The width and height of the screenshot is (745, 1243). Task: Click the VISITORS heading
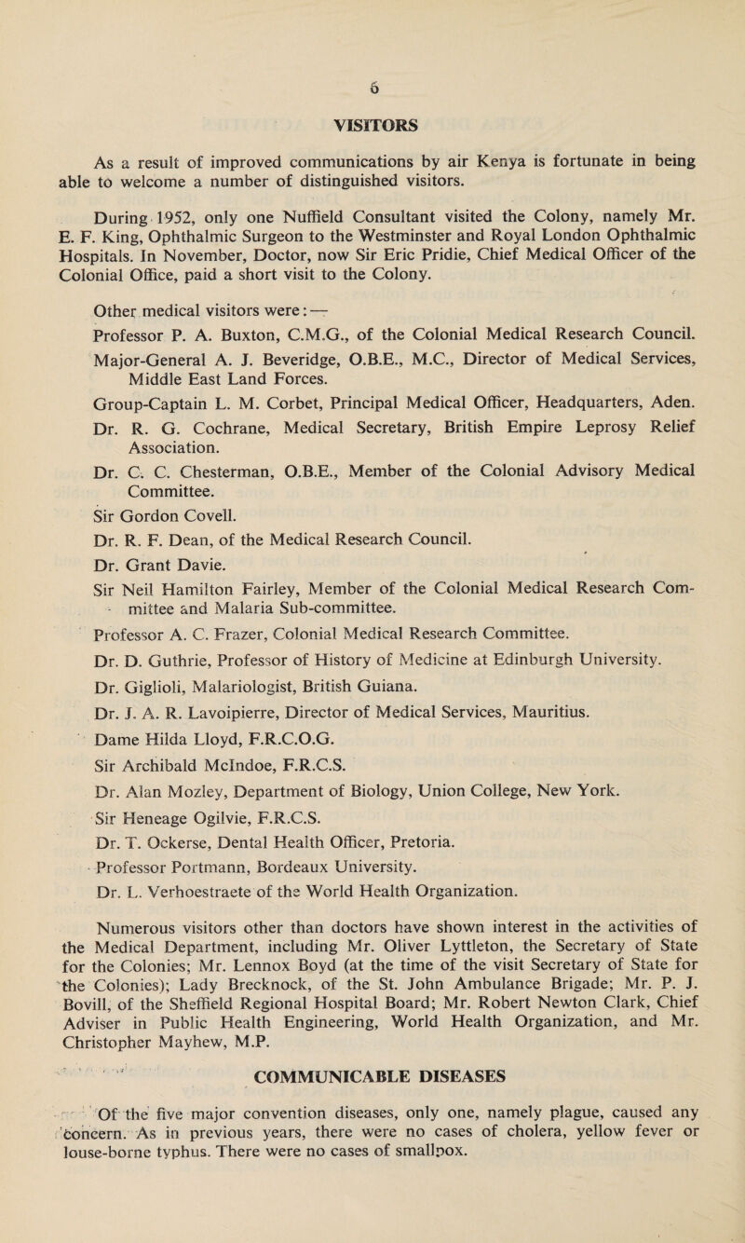[372, 95]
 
